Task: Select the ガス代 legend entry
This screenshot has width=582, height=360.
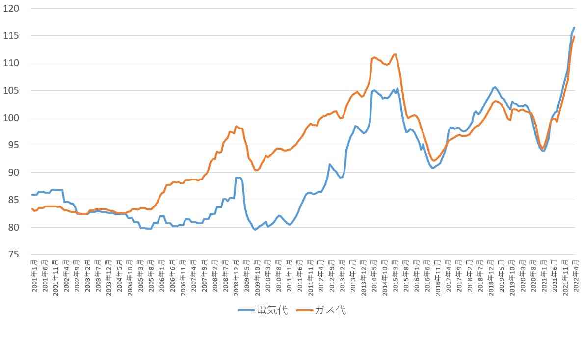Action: (330, 310)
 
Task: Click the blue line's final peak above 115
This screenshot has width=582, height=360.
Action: (574, 28)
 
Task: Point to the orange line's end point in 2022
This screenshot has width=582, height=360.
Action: (574, 37)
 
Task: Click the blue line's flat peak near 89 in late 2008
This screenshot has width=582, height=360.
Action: (238, 178)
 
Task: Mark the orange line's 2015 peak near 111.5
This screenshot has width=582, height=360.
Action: (395, 54)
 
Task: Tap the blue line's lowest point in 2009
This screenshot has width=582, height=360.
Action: (256, 230)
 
